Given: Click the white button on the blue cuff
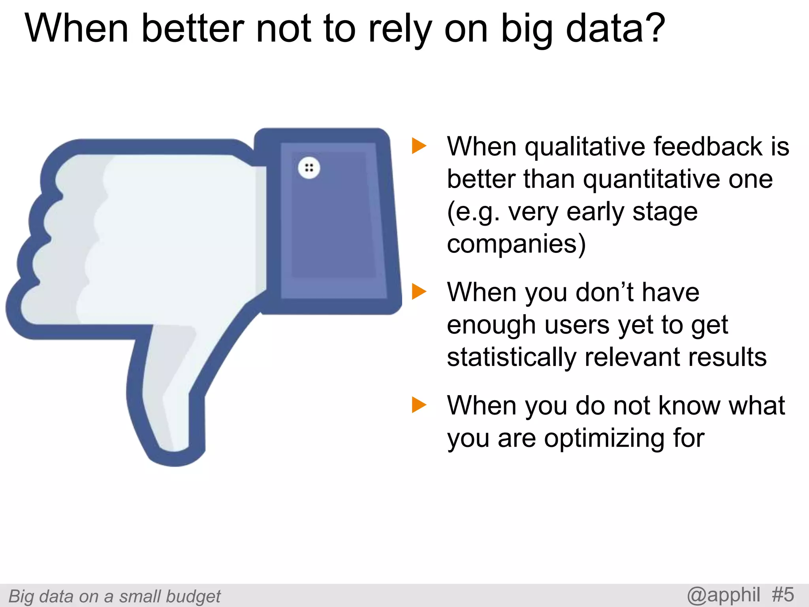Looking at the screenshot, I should click(x=309, y=168).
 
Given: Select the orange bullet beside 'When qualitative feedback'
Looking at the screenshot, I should click(x=419, y=146).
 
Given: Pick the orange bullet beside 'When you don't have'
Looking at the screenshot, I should click(x=419, y=292).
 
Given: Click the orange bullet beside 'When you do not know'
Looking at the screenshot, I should click(x=419, y=405).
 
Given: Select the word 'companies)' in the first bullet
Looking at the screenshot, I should click(x=516, y=244).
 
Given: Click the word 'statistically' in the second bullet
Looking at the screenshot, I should click(x=512, y=358).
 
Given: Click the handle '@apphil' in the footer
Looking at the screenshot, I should click(x=724, y=595).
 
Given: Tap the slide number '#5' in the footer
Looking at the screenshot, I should click(x=783, y=595).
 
